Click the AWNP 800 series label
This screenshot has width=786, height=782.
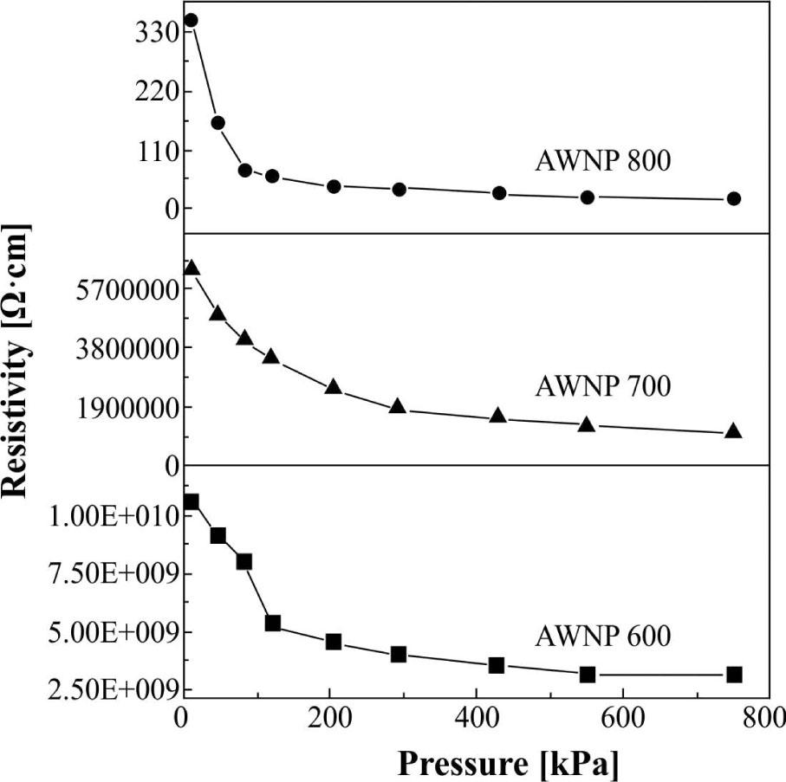pyautogui.click(x=602, y=162)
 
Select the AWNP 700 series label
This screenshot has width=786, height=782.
pyautogui.click(x=602, y=385)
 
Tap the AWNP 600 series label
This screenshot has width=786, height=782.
pyautogui.click(x=602, y=637)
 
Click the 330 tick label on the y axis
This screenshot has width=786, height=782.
pyautogui.click(x=157, y=33)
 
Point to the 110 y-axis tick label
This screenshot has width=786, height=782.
pyautogui.click(x=157, y=151)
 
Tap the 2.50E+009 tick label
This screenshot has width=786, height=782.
pyautogui.click(x=107, y=690)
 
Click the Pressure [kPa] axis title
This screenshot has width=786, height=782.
pyautogui.click(x=509, y=763)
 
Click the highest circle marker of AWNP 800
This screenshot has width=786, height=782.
pyautogui.click(x=191, y=20)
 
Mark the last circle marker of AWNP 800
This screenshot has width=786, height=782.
pyautogui.click(x=734, y=198)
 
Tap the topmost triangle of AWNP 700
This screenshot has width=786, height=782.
pyautogui.click(x=192, y=268)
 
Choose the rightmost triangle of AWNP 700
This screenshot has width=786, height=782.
pyautogui.click(x=733, y=430)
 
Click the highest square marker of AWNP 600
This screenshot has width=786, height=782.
pyautogui.click(x=191, y=501)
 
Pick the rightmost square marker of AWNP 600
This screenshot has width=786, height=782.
pyautogui.click(x=734, y=675)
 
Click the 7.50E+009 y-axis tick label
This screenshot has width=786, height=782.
pyautogui.click(x=107, y=573)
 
